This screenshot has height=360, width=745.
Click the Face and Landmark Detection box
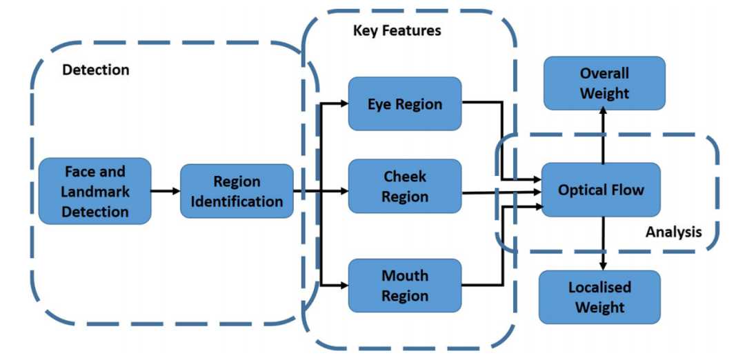coord(95,191)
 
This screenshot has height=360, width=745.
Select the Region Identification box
coord(237,191)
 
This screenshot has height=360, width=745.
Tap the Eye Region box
coord(404,104)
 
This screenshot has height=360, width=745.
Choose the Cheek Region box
coord(404,186)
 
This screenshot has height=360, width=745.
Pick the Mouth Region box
coord(404,286)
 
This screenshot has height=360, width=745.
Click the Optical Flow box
coord(601,190)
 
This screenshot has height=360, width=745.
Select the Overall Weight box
coord(604,83)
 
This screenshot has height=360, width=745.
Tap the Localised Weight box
coord(599,297)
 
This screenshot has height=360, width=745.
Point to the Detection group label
coord(96,70)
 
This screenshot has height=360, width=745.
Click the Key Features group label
coord(397,31)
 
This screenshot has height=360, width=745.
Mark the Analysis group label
coord(673,232)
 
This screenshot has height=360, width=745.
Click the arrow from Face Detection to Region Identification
coord(166,191)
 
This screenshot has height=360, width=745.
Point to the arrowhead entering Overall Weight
coord(604,114)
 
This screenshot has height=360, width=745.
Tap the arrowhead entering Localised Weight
coord(604,266)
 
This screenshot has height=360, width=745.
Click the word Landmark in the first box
coord(95,191)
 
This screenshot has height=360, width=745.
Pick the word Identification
coord(237,201)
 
